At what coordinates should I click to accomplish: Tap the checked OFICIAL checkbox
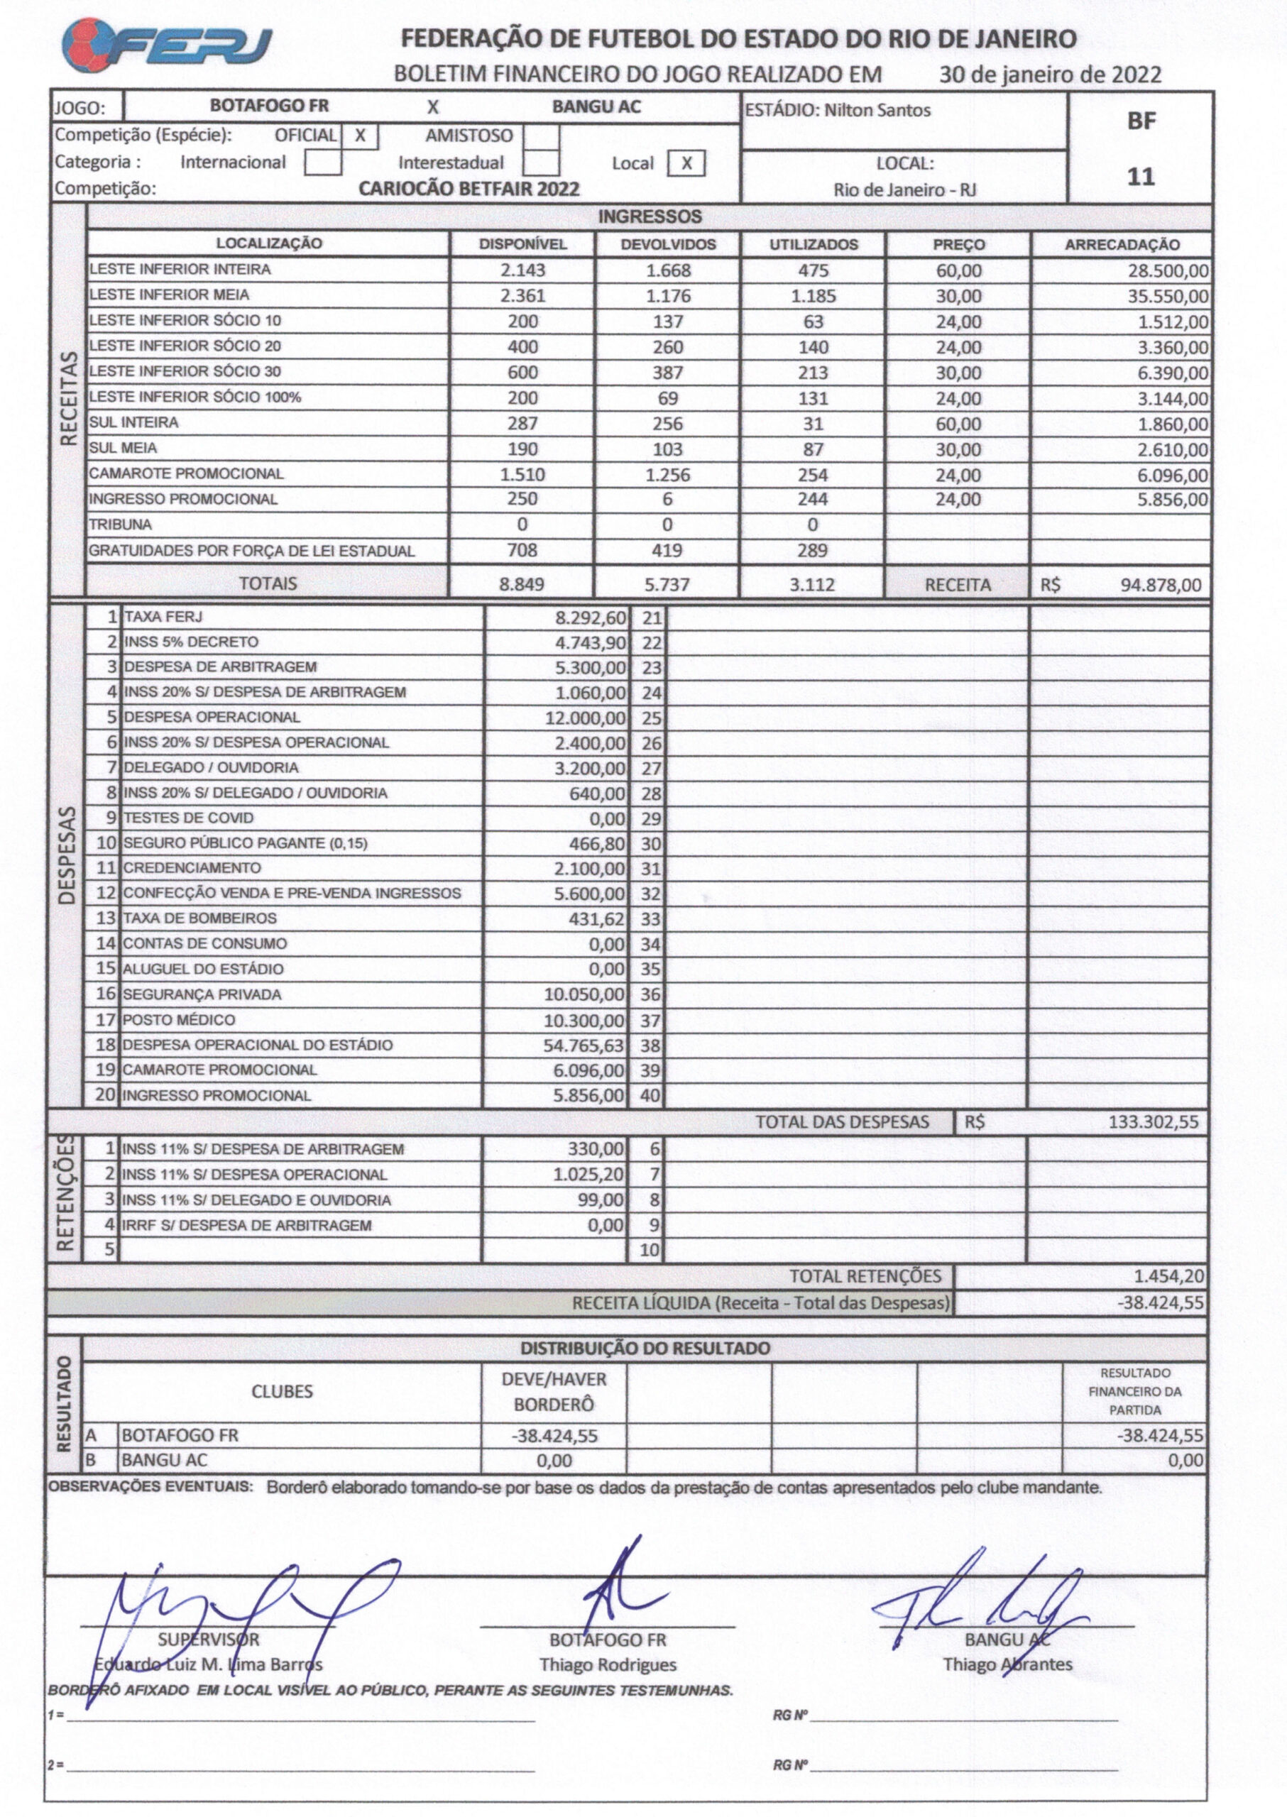click(x=360, y=136)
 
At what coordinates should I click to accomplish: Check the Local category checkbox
click(x=686, y=163)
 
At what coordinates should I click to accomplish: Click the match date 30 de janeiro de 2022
click(x=1050, y=75)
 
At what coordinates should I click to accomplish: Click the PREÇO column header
click(x=959, y=245)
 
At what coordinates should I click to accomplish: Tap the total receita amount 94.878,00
click(x=1160, y=586)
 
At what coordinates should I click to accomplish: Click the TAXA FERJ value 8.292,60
click(x=591, y=617)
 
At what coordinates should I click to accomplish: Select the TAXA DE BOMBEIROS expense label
click(x=199, y=918)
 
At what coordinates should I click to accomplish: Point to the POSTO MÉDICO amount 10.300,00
click(x=584, y=1021)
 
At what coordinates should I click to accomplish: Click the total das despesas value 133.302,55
click(x=1153, y=1122)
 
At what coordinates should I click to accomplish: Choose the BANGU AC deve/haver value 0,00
click(x=554, y=1461)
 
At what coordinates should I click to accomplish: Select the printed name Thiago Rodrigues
click(x=608, y=1665)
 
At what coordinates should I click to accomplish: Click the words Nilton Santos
click(x=877, y=110)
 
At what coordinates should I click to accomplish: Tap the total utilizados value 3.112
click(x=812, y=586)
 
